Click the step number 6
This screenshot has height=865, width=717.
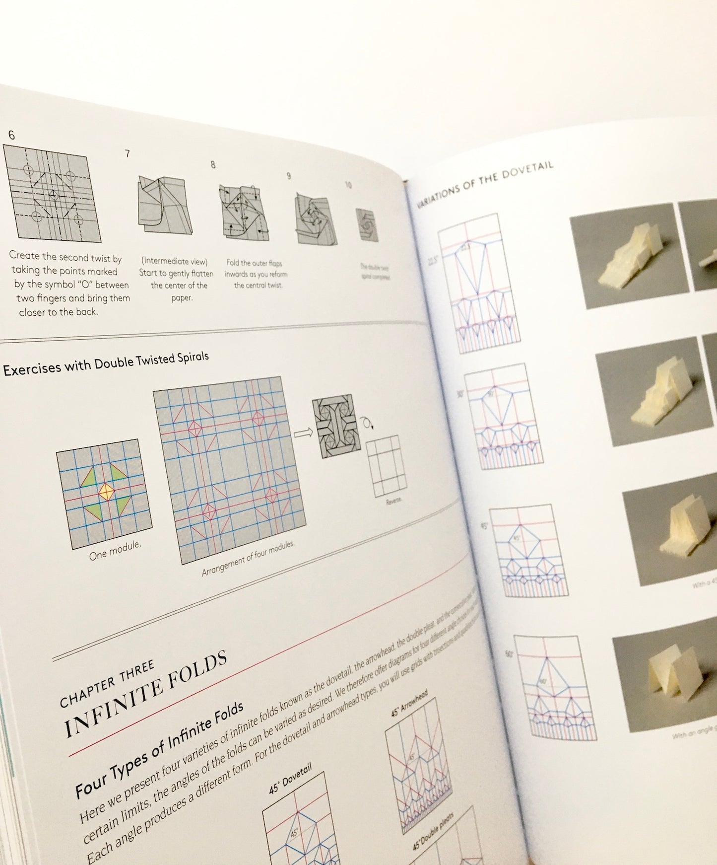[x=11, y=135]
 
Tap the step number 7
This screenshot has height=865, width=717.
[x=128, y=154]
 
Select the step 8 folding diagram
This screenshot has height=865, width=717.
[x=245, y=212]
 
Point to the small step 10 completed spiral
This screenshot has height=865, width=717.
[x=367, y=225]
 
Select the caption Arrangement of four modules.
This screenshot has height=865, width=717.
[x=248, y=559]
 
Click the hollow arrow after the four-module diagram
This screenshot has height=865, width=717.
[x=303, y=433]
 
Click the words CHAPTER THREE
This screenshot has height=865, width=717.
[x=107, y=685]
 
